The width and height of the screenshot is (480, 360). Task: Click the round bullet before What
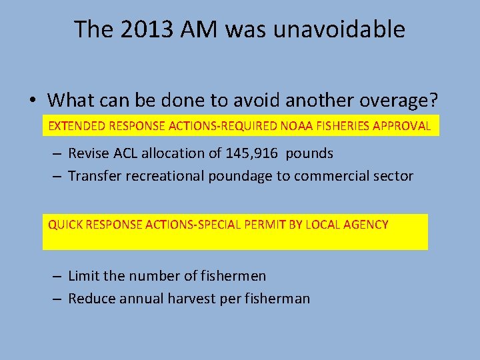[x=32, y=101]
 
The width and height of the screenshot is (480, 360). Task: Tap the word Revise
[x=89, y=153]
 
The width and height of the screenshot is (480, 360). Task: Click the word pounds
[x=309, y=153]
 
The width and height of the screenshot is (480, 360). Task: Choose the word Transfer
[x=94, y=176]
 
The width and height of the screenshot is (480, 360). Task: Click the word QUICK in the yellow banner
[x=63, y=225]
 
